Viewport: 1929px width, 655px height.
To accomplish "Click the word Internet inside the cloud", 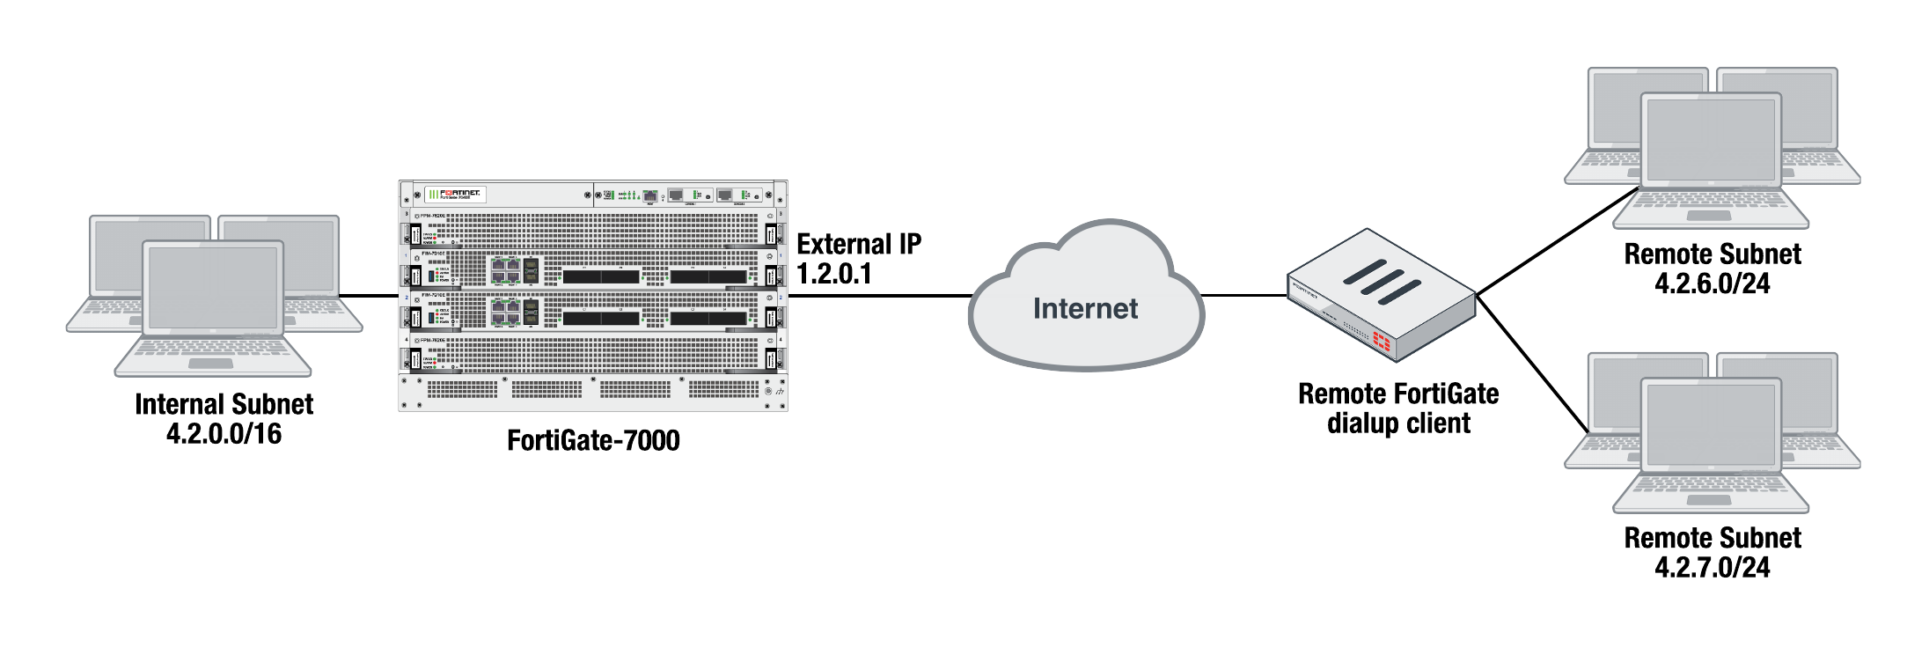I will [1085, 308].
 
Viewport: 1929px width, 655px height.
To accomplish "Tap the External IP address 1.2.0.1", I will [833, 274].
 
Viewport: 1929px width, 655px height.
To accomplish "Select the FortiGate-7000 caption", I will [593, 439].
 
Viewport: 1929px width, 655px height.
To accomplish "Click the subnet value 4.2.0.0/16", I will [224, 433].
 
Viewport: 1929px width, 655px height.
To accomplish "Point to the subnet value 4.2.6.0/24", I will [1712, 283].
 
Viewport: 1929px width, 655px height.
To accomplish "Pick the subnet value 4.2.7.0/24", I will [1712, 567].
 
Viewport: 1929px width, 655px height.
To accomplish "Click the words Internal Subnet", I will [224, 404].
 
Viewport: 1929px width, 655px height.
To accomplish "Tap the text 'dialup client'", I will [1398, 423].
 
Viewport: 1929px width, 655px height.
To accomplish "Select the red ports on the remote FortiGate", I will [1383, 342].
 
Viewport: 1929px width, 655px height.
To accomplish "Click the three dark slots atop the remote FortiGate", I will [1382, 282].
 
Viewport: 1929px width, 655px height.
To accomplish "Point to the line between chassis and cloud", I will [880, 296].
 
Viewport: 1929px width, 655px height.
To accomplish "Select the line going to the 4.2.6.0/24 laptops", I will [1558, 241].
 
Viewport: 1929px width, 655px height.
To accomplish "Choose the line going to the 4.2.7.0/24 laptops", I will [1531, 363].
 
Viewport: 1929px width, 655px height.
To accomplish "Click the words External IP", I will [859, 244].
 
